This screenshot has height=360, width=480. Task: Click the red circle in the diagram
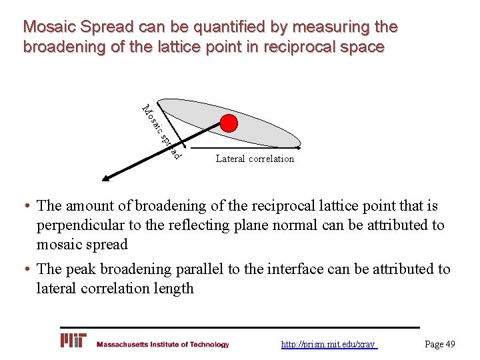click(229, 123)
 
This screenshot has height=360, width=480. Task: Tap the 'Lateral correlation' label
click(255, 159)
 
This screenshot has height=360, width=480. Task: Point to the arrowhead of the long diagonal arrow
click(105, 178)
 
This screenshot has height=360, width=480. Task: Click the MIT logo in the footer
click(73, 341)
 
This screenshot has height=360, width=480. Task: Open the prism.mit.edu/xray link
click(328, 345)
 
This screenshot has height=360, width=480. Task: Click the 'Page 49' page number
click(440, 344)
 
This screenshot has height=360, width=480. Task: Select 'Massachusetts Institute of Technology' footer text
click(163, 345)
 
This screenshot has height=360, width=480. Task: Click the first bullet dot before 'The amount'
click(28, 207)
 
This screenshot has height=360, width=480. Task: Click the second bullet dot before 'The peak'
click(28, 269)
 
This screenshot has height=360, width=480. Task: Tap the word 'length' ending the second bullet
click(173, 288)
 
